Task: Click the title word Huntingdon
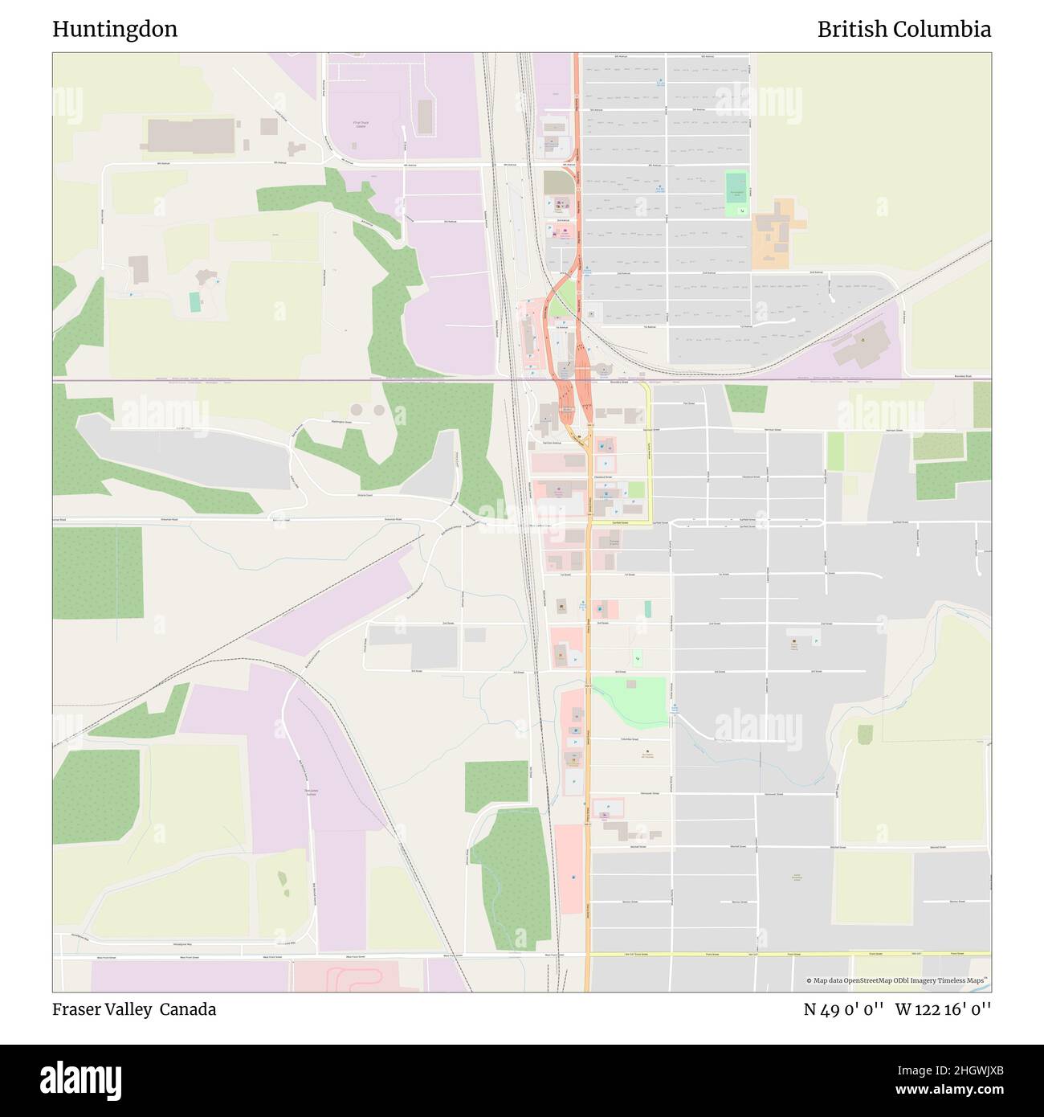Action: click(x=115, y=30)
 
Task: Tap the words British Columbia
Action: click(x=903, y=30)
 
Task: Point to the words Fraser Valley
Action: click(x=102, y=1009)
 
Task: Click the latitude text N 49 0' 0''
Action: click(x=843, y=1009)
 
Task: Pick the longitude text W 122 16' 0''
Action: click(x=943, y=1009)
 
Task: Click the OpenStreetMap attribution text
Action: click(x=899, y=980)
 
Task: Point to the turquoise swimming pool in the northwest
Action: click(x=195, y=302)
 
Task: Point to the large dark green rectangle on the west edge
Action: click(x=98, y=572)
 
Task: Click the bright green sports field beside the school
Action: click(x=736, y=194)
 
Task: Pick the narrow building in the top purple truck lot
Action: click(x=425, y=117)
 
